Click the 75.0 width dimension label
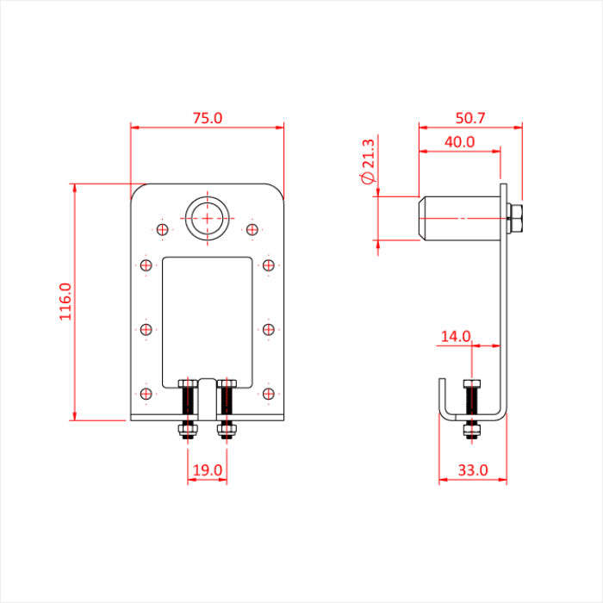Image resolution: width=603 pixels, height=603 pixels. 207,118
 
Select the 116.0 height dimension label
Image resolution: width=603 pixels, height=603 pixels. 65,301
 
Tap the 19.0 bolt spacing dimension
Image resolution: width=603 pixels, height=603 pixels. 208,470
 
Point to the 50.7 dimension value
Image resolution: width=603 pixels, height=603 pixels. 470,118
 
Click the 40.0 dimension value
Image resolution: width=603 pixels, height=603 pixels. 459,142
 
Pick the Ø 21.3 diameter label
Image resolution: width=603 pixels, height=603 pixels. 368,162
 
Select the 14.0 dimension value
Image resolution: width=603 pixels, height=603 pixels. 456,337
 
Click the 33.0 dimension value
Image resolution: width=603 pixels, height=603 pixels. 473,470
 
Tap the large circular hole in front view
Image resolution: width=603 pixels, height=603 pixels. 207,218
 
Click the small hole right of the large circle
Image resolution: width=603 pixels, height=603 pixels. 252,229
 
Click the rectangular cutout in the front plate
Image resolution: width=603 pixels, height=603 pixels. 207,319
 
